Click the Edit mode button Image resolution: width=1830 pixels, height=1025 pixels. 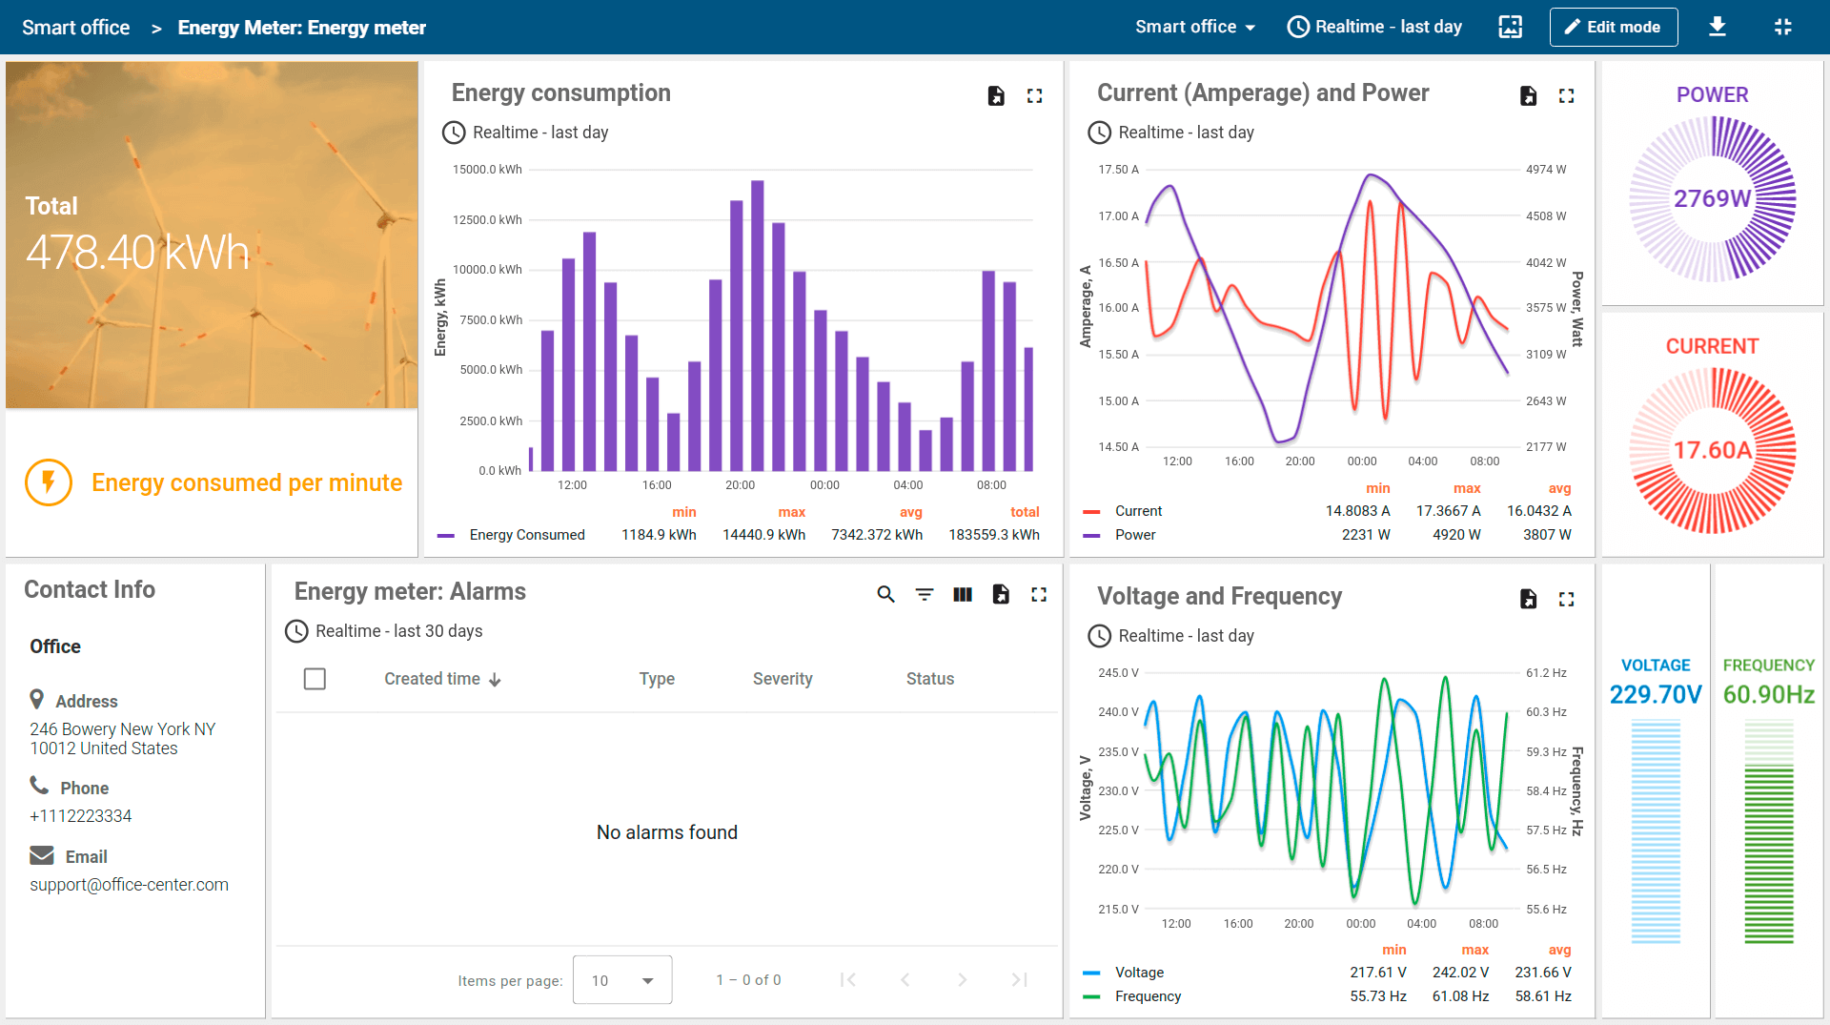click(x=1613, y=27)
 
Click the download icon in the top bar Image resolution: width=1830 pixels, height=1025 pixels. click(x=1717, y=27)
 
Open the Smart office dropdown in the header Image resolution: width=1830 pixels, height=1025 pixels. click(x=1194, y=27)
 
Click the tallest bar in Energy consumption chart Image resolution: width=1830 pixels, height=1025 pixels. click(x=757, y=324)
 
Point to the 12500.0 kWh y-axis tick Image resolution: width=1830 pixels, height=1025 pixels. click(x=487, y=219)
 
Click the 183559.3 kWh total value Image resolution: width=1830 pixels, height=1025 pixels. click(x=993, y=535)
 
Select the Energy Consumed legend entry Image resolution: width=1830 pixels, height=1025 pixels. click(x=526, y=535)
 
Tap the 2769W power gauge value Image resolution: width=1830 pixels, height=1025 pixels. click(x=1712, y=198)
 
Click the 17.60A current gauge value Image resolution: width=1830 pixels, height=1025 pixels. click(x=1712, y=450)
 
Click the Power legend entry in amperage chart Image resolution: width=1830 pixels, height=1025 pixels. click(x=1134, y=535)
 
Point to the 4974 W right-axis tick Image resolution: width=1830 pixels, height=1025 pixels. click(x=1545, y=170)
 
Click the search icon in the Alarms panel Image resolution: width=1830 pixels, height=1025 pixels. click(x=885, y=595)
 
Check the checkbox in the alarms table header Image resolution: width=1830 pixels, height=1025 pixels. click(x=315, y=679)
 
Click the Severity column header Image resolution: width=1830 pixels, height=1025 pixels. click(x=782, y=679)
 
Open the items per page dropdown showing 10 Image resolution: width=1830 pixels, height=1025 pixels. click(x=621, y=980)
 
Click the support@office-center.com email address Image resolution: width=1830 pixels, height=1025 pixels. click(x=129, y=885)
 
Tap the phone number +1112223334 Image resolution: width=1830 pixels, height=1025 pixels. click(x=80, y=816)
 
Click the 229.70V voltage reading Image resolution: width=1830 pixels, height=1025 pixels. click(x=1655, y=694)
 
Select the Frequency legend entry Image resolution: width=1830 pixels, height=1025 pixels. click(x=1147, y=996)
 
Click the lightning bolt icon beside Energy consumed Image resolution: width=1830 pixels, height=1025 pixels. click(x=49, y=482)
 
